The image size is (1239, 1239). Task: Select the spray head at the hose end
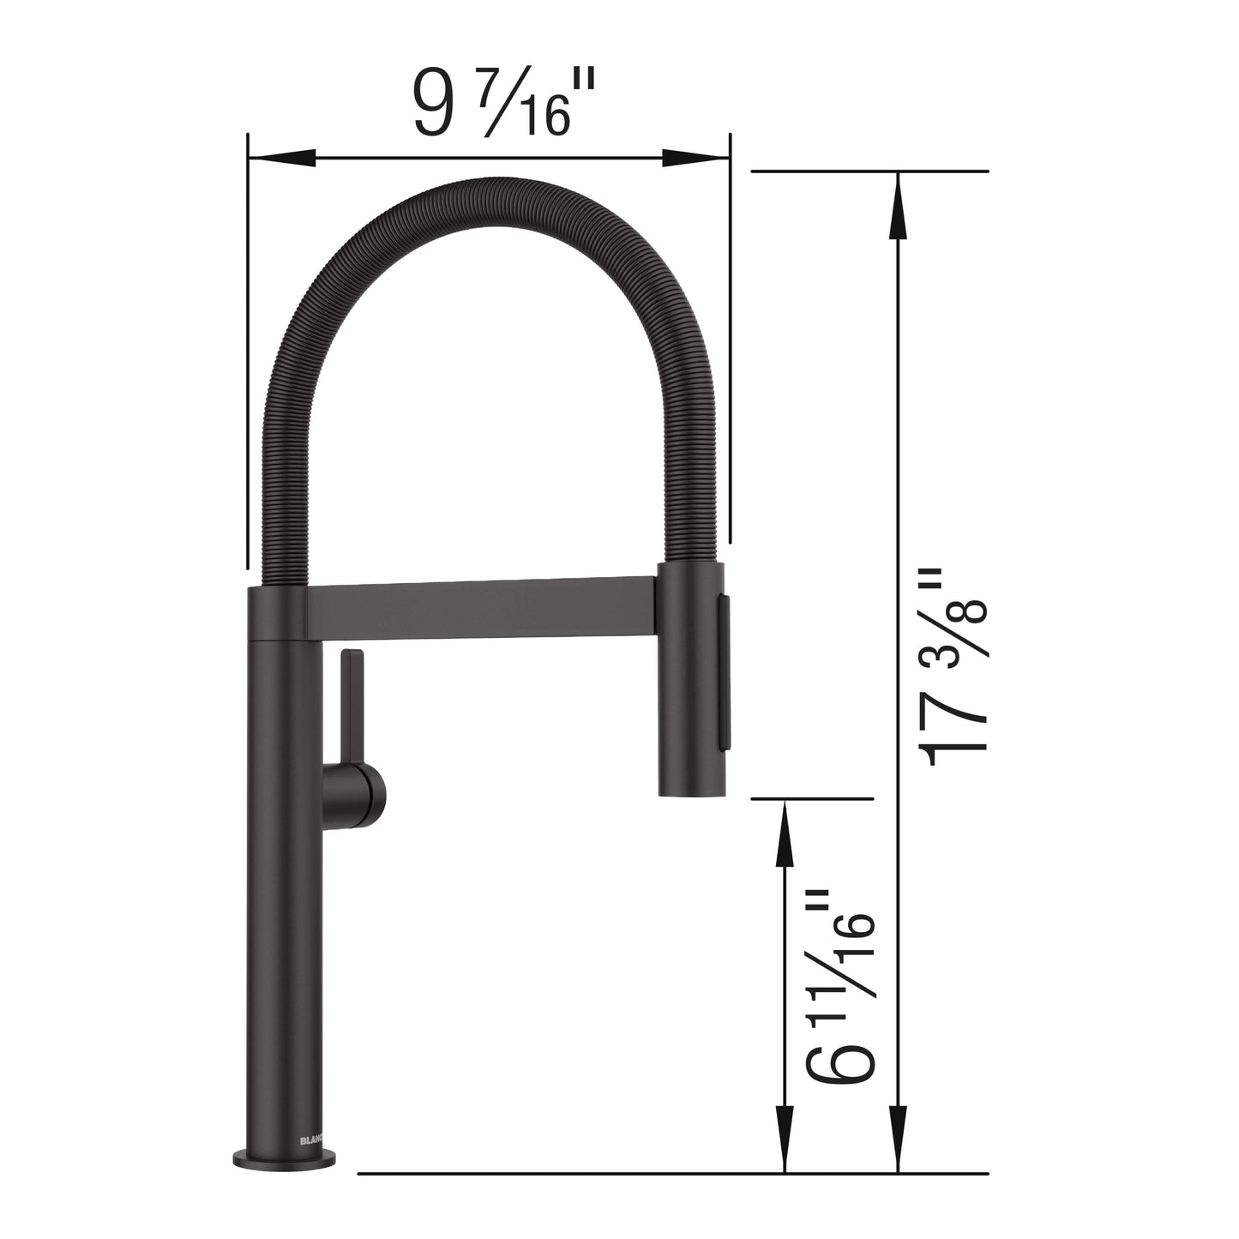(691, 677)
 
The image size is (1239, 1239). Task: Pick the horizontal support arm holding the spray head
(480, 610)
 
